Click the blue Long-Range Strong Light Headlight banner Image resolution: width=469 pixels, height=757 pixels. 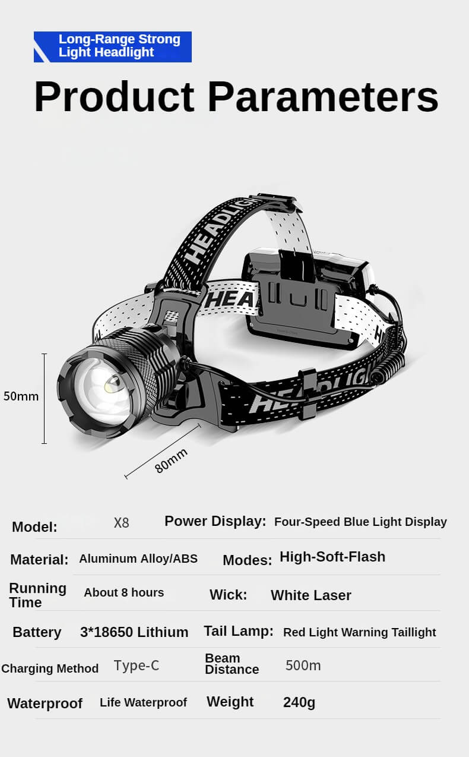113,46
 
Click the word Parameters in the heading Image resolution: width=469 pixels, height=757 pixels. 323,97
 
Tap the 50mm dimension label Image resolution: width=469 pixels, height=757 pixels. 21,396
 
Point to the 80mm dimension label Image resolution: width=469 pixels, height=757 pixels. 171,460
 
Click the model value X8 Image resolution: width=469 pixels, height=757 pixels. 121,523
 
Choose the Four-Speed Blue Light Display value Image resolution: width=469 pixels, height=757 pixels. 360,522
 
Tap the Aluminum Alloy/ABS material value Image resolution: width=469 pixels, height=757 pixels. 138,559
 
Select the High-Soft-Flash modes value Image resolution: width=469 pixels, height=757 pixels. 332,557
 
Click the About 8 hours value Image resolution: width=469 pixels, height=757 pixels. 123,592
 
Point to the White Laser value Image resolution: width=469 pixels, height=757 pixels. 311,595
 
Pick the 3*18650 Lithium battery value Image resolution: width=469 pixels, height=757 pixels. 134,632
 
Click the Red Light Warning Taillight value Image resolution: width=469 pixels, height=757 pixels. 359,632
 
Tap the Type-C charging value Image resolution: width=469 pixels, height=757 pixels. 137,665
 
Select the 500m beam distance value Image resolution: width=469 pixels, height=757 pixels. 303,665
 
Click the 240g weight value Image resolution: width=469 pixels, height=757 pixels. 299,702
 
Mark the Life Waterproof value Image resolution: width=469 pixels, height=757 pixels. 143,702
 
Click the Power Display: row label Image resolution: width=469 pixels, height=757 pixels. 215,521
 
